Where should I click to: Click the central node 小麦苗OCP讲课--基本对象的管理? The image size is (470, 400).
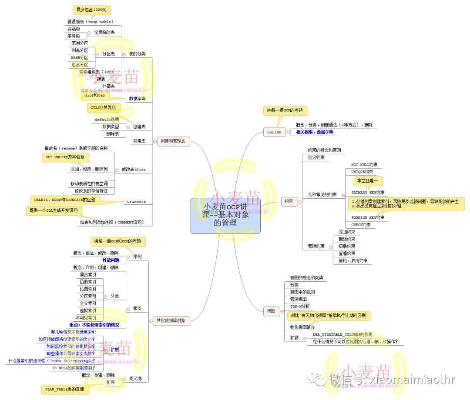pos(225,216)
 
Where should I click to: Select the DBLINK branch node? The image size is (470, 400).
pos(275,132)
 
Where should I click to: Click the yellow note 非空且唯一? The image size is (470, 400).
pos(368,180)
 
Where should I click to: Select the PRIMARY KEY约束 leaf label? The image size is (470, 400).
pos(367,192)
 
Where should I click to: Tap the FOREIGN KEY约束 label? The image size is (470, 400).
pos(367,217)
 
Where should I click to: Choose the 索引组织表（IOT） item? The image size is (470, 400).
pos(96,72)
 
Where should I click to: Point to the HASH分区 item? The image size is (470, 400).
pos(79,57)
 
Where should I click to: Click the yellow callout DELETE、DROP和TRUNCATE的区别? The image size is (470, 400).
pos(64,200)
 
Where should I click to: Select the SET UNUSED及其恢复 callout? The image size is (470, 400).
pos(65,157)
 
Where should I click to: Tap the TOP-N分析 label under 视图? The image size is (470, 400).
pos(300,307)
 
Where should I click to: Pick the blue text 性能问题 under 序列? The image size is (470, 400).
pos(111,260)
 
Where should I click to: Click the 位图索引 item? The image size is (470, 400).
pos(88,289)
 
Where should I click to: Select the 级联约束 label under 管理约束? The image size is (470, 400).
pos(346,246)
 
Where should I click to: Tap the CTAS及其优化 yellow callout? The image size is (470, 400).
pos(103,107)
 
